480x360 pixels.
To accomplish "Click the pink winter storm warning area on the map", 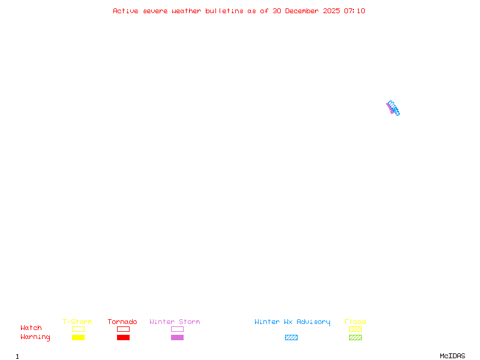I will (x=389, y=109).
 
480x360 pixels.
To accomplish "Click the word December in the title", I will (x=305, y=11).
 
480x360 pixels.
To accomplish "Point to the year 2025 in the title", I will (x=332, y=11).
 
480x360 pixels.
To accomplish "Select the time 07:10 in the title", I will (x=355, y=11).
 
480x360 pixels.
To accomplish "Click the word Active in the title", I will (x=125, y=11).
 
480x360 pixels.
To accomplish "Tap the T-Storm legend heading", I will (x=77, y=322).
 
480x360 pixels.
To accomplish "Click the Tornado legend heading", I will (x=122, y=322).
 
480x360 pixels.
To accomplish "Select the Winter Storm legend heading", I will (x=175, y=322).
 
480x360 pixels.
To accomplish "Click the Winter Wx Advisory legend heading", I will (x=292, y=322).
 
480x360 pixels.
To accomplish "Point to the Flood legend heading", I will (x=355, y=322).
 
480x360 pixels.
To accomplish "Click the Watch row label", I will (x=31, y=328).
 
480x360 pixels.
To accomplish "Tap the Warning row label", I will (x=35, y=337).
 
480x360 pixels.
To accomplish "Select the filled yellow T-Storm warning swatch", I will (x=78, y=337).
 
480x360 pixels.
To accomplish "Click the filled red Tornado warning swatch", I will (x=123, y=337).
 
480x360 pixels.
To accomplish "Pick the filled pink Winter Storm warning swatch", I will (x=177, y=337).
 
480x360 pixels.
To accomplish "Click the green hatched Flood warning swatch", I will (x=355, y=337).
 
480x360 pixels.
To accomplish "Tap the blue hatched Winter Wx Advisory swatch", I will (x=291, y=337).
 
